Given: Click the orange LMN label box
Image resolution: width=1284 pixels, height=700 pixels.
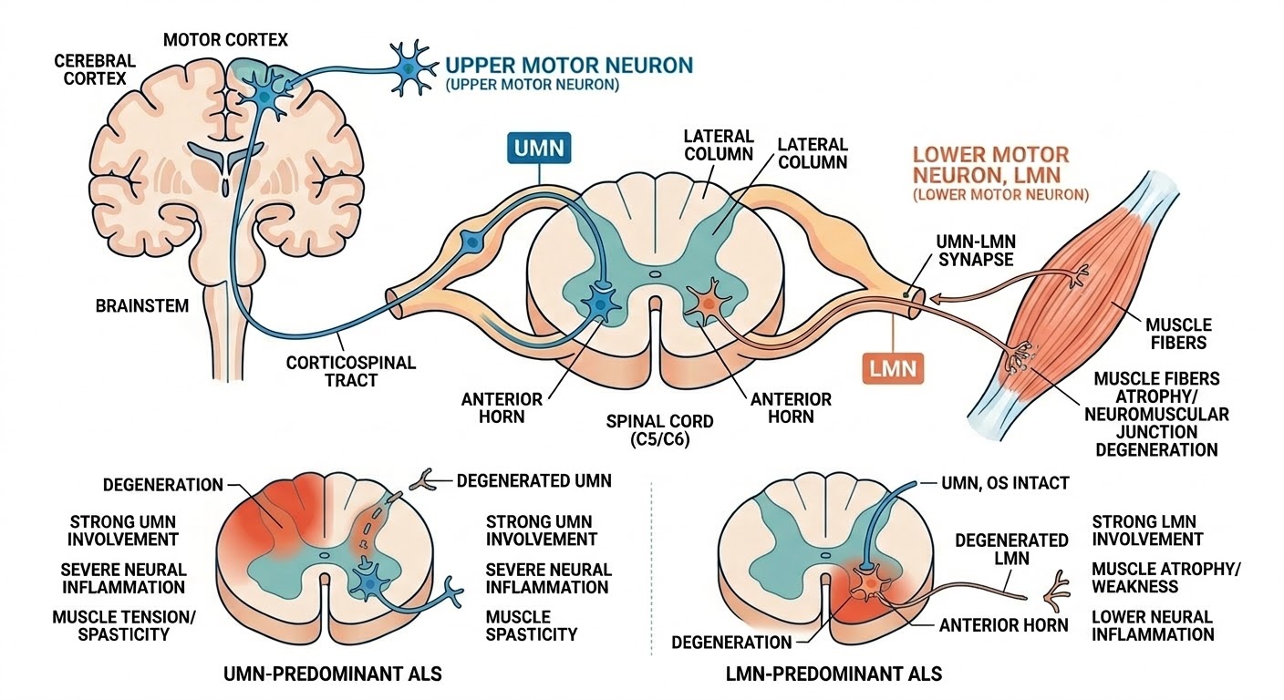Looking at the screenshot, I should coord(893,370).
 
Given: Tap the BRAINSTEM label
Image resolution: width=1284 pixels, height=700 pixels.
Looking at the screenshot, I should coord(142,306).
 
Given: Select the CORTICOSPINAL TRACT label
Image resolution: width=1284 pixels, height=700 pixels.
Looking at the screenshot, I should coord(351,371).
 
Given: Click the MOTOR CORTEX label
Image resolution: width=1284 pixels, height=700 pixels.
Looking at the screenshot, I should coord(225,40).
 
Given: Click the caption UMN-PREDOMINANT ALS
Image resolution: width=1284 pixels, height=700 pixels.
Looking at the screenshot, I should coord(333,674).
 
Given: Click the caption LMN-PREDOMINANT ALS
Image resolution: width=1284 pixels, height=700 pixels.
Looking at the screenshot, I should coord(832,674).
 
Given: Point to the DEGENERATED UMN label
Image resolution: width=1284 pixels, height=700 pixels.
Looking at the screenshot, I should coord(533,480).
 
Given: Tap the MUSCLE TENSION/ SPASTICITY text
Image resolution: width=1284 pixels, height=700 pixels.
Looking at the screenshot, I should coord(123,626).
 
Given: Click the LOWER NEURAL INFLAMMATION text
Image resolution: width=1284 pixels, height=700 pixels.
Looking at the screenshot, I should coord(1153,626).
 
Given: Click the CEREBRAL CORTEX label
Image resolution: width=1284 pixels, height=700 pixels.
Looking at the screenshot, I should coord(95,70).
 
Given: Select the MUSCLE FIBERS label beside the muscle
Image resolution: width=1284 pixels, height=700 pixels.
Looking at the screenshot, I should coord(1179,334).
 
